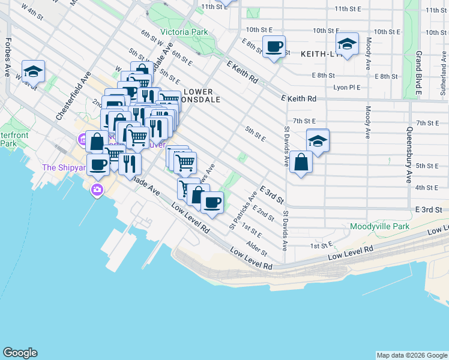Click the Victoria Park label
(184, 32)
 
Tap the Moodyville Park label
(379, 227)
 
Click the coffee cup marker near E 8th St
(274, 46)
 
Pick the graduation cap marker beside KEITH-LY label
(346, 44)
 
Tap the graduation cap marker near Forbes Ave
(34, 71)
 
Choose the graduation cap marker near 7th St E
(318, 140)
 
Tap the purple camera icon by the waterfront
(96, 190)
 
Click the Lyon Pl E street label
(347, 87)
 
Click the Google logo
(20, 353)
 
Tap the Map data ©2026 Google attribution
(412, 355)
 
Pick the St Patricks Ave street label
(243, 211)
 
